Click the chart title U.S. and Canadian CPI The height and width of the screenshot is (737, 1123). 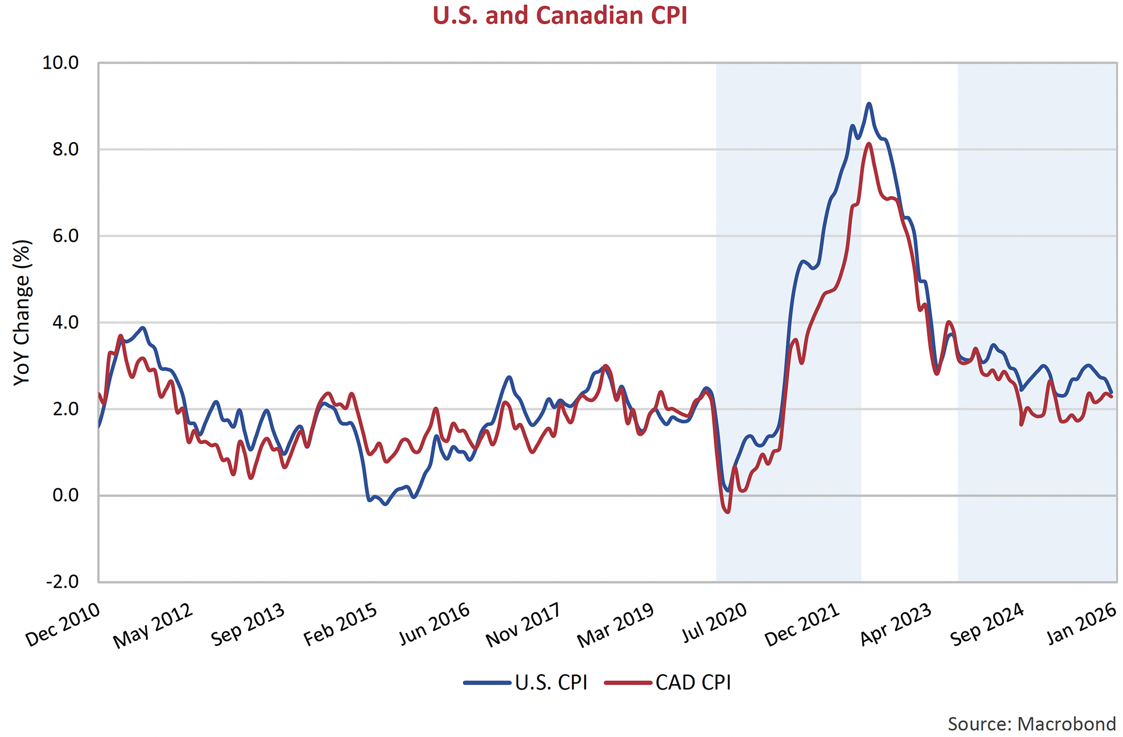(x=560, y=16)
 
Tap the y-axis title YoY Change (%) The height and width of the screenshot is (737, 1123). (x=22, y=313)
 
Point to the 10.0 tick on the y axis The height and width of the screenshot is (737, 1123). (x=60, y=63)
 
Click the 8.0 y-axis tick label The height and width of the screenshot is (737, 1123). (x=65, y=150)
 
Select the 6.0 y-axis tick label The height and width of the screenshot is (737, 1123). (x=65, y=236)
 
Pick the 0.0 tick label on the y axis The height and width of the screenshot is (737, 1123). (x=65, y=496)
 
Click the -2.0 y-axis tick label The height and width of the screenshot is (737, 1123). (x=62, y=581)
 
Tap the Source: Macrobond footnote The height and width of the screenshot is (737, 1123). (x=1031, y=724)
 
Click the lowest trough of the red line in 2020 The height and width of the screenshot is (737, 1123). (x=727, y=512)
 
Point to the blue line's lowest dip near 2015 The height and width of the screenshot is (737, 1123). (x=385, y=504)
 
